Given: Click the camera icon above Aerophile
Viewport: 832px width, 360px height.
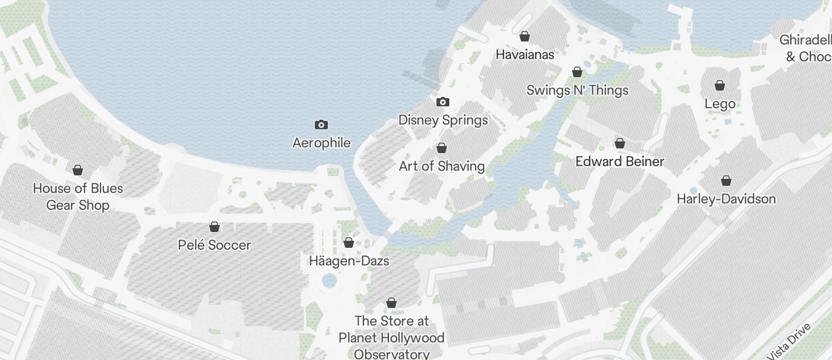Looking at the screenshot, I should pos(321,124).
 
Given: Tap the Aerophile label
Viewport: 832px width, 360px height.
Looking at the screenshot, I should pos(321,143).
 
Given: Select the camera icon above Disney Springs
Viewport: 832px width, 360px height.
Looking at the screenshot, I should pos(443,102).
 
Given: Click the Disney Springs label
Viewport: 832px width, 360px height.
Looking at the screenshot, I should pos(443,120).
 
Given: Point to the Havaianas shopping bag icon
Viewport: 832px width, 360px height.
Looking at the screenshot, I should pos(525,36).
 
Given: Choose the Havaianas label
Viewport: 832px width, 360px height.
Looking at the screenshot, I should pos(525,54).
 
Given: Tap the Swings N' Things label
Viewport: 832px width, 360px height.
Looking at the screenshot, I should pos(577,90).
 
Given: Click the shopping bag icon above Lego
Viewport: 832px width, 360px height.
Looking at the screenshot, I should pos(720,85).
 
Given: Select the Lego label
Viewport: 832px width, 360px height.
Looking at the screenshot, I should pos(720,104).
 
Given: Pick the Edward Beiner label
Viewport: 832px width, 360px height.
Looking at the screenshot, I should pos(620,161).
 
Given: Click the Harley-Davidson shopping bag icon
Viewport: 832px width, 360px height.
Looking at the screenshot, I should pos(726,181).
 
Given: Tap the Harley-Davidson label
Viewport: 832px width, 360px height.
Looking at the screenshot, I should pos(726,199).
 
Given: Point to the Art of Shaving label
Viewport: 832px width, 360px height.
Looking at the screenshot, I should pos(442,166).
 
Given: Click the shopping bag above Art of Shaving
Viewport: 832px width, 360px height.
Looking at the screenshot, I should pos(442,147).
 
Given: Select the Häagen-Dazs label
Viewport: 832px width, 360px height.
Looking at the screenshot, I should pos(349,261).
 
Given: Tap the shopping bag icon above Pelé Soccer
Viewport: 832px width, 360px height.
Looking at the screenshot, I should pos(214,227).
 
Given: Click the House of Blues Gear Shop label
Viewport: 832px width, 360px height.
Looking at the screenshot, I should pos(78,197).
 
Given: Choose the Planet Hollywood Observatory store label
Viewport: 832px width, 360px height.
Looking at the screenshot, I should pos(391,338).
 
